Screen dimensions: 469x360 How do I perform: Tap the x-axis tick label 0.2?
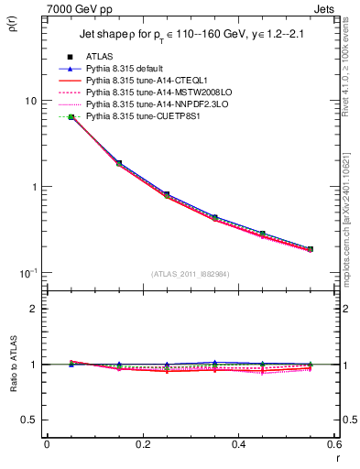[142, 444]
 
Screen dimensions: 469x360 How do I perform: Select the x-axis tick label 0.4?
[238, 444]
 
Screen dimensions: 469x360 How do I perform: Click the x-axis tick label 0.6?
[333, 444]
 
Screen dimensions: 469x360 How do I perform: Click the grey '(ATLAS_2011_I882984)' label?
[190, 273]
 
